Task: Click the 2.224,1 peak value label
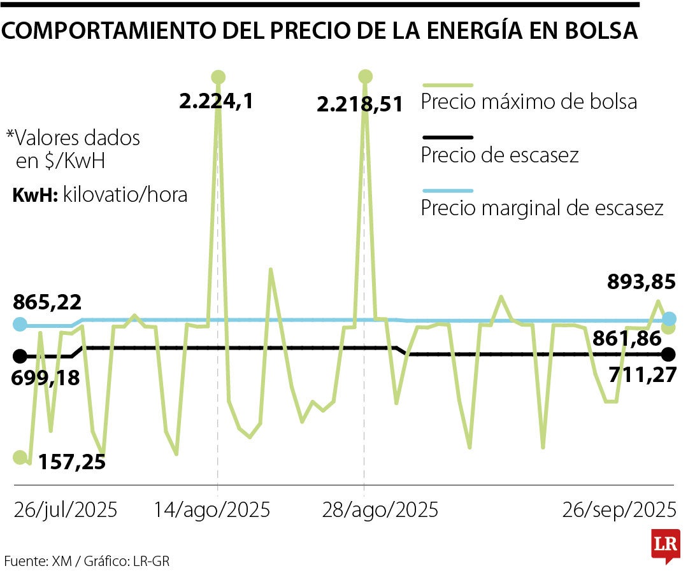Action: [216, 101]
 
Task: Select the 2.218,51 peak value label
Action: [360, 104]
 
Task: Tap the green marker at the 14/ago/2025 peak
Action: [219, 78]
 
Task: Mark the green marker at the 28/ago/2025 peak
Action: [365, 77]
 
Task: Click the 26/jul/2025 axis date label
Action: [66, 510]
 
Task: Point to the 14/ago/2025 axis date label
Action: [213, 510]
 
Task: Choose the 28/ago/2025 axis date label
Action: [381, 510]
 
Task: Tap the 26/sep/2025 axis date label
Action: [619, 510]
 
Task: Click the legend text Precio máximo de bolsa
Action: [529, 102]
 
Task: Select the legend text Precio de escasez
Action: [499, 155]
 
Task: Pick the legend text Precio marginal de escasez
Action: [542, 208]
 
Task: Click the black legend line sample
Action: [447, 137]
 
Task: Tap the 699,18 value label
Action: [46, 378]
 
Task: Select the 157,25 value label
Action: [71, 462]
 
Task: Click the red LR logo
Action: [665, 546]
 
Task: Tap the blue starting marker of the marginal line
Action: [20, 324]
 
